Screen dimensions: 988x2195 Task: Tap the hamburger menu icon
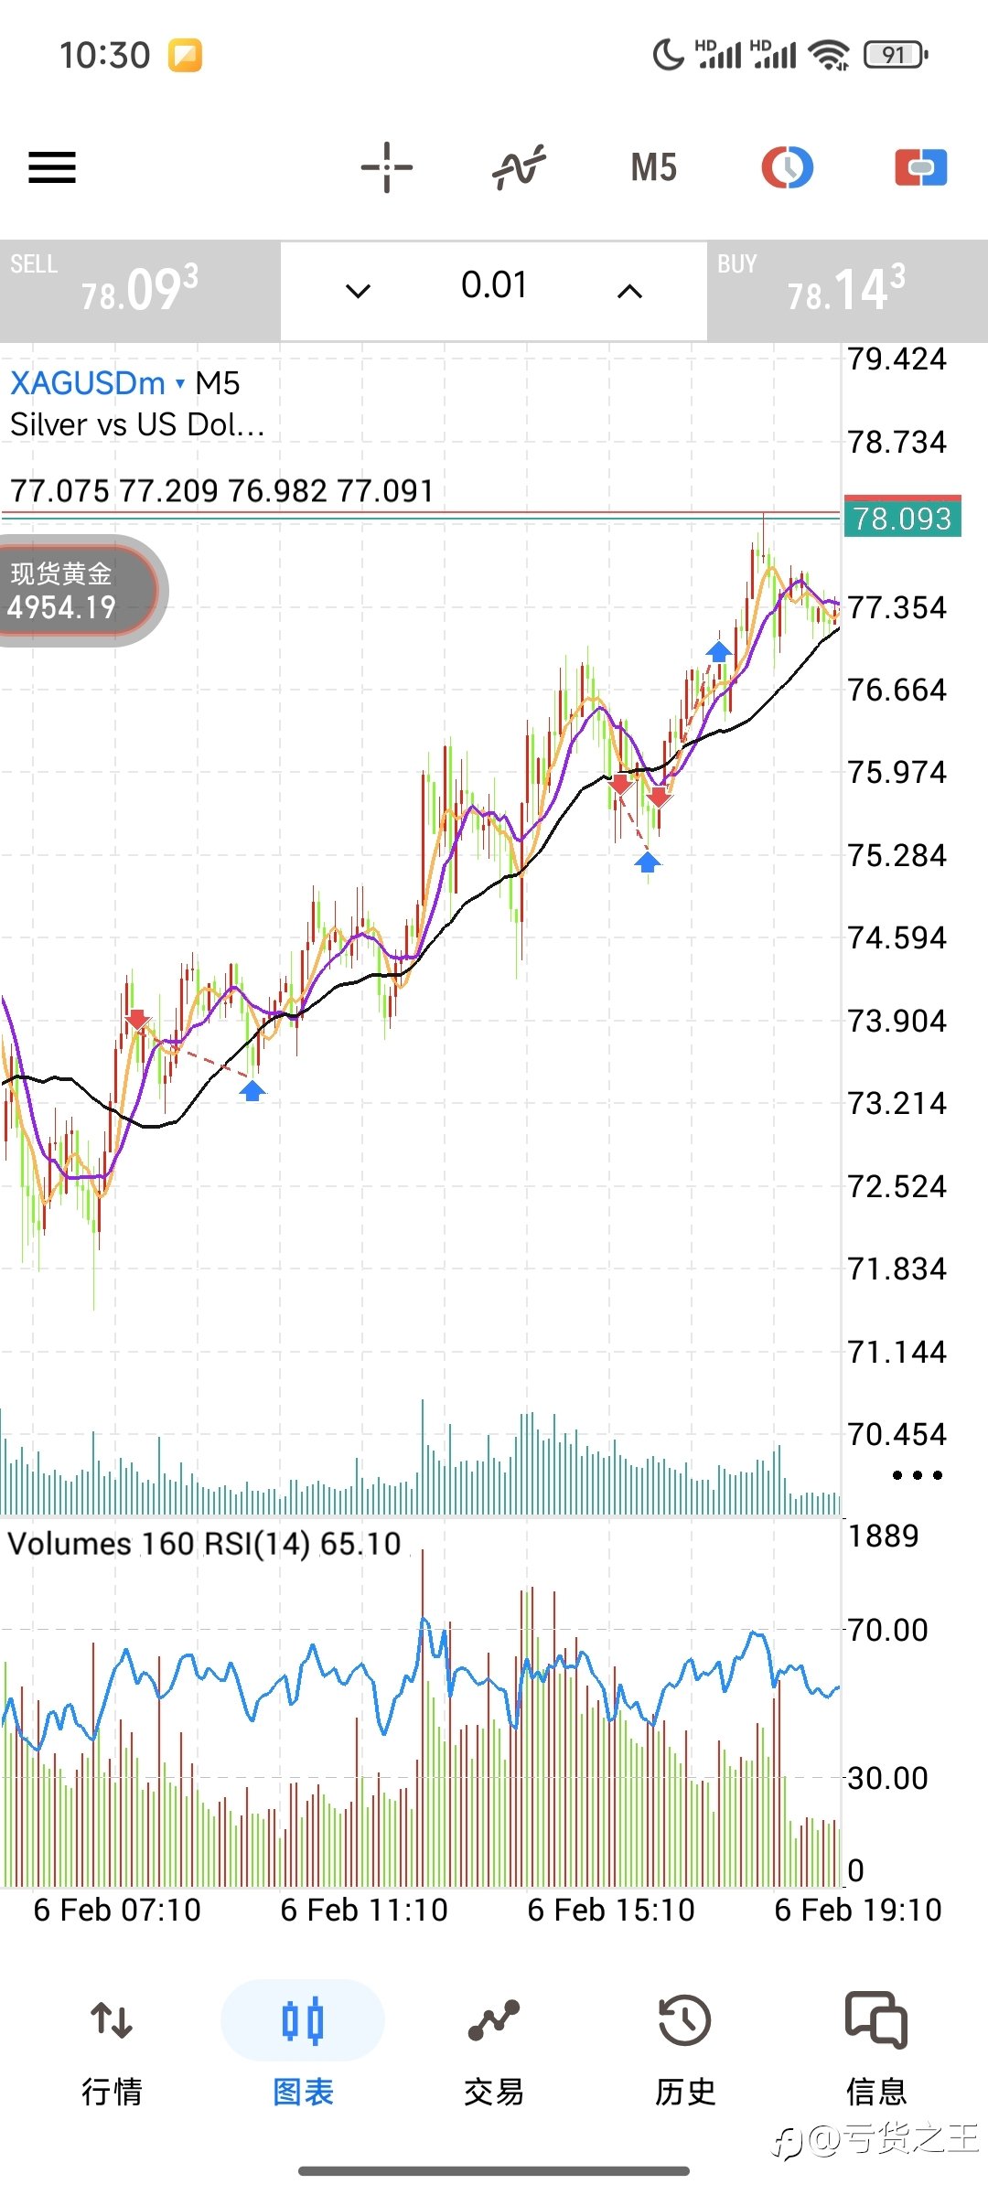coord(52,167)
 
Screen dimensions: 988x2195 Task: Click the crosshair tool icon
coord(387,167)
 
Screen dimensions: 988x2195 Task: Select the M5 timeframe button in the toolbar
coord(653,167)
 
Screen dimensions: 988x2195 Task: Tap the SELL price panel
coord(140,291)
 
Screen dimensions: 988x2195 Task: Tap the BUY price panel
coord(847,291)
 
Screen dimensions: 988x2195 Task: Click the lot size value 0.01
coord(494,285)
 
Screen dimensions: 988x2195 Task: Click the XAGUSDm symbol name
coord(88,383)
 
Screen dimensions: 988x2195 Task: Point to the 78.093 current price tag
coord(902,519)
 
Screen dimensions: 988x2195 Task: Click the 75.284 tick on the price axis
coord(897,856)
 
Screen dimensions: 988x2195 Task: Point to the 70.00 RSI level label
coord(887,1630)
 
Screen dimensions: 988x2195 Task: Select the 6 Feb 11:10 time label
coord(364,1911)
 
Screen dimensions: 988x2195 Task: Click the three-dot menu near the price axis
coord(918,1475)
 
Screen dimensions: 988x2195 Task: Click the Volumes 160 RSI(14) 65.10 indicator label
coord(205,1544)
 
